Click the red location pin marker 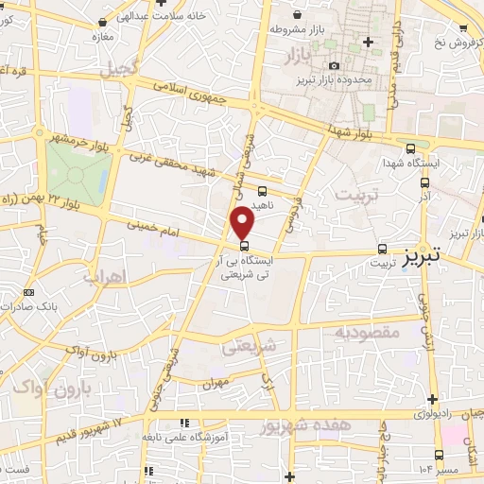(x=244, y=223)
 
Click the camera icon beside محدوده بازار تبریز (x=334, y=65)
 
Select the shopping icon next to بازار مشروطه (x=299, y=14)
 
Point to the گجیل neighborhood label (x=122, y=68)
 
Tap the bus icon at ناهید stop (x=262, y=190)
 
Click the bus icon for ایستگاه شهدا (x=410, y=147)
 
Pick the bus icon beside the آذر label (x=424, y=182)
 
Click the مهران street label (x=216, y=383)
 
